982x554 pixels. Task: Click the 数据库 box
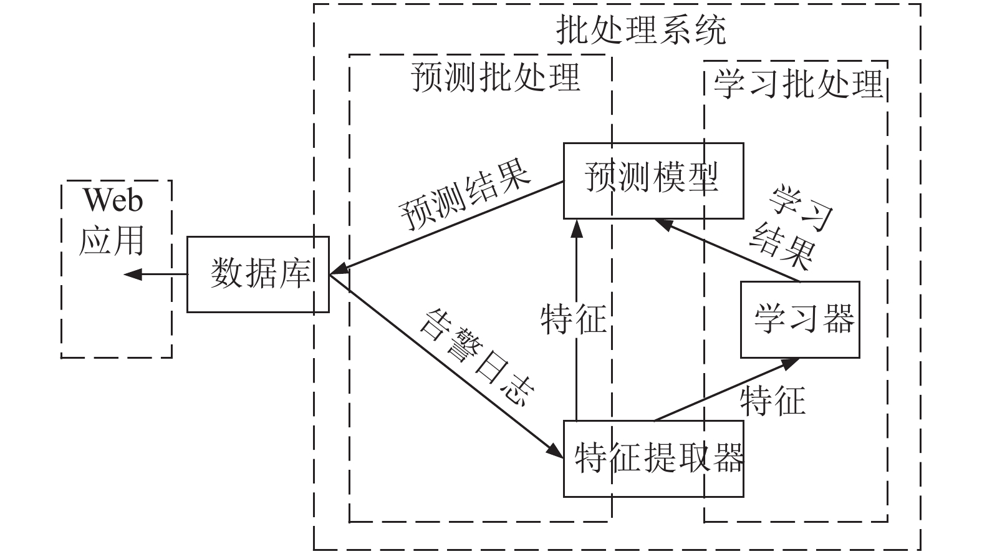(258, 274)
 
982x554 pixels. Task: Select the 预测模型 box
(653, 180)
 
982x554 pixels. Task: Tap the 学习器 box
(800, 319)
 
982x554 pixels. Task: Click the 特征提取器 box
(653, 459)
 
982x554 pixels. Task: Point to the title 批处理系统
(641, 29)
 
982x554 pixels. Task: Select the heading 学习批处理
(799, 84)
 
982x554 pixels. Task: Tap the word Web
(113, 201)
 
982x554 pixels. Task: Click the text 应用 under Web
(112, 240)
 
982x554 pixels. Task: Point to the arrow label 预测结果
(465, 197)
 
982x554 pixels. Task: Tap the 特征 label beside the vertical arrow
(573, 319)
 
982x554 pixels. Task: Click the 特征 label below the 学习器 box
(773, 400)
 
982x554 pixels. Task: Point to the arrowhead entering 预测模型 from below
(577, 228)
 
